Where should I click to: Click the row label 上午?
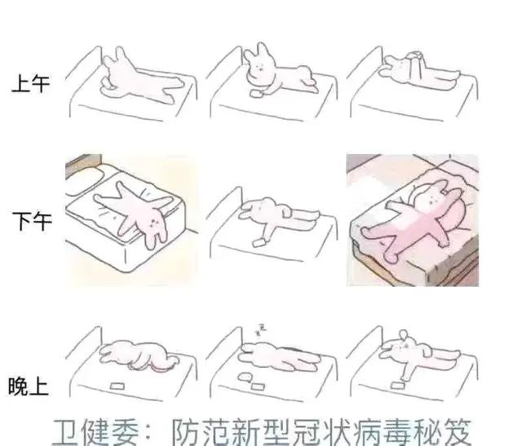click(31, 83)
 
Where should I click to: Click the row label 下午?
click(32, 221)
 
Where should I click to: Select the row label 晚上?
click(29, 386)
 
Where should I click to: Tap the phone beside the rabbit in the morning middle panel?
click(257, 93)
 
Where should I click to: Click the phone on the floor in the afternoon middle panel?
click(259, 243)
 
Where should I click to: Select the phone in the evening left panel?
click(117, 386)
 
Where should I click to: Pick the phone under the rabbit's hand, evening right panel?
click(397, 385)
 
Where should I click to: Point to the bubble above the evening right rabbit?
click(404, 334)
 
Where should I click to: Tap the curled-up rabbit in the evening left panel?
click(138, 355)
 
